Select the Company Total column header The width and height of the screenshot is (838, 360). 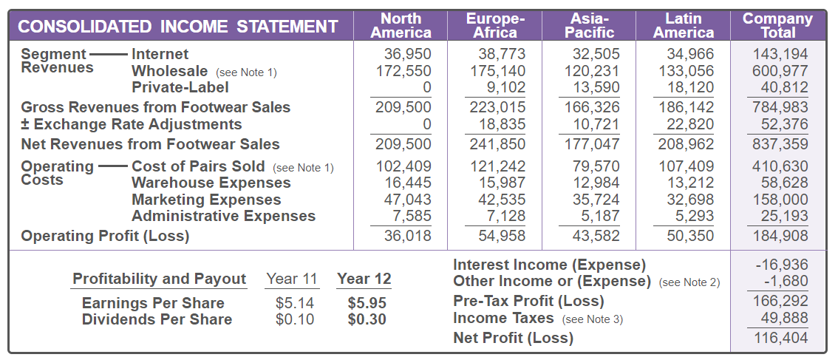[x=777, y=25]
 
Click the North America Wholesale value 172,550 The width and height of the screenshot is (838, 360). [x=403, y=71]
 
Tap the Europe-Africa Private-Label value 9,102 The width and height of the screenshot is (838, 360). [x=506, y=87]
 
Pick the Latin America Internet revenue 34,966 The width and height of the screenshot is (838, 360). [x=690, y=54]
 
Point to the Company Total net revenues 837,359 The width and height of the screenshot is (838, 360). [x=780, y=143]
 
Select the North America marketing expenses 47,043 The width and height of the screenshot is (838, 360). [x=409, y=200]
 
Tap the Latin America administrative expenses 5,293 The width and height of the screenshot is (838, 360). [x=695, y=216]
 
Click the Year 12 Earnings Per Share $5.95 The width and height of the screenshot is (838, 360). [x=367, y=303]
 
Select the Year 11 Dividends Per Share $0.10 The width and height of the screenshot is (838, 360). [x=295, y=319]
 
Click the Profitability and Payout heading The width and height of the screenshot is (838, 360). [x=159, y=279]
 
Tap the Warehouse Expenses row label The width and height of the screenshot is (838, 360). [x=211, y=183]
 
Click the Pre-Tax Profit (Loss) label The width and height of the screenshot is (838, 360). [x=528, y=301]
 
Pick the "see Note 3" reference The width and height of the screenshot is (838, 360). [x=593, y=319]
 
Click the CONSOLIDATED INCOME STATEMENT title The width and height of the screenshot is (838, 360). [x=177, y=27]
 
